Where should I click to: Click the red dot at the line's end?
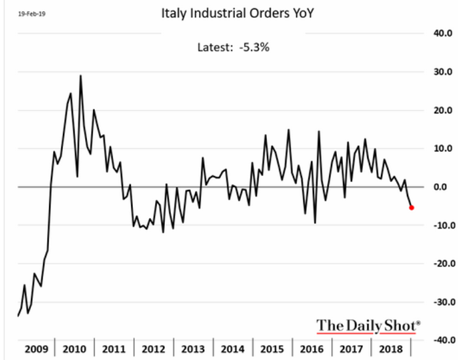click(412, 207)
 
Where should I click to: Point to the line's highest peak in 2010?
click(80, 75)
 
